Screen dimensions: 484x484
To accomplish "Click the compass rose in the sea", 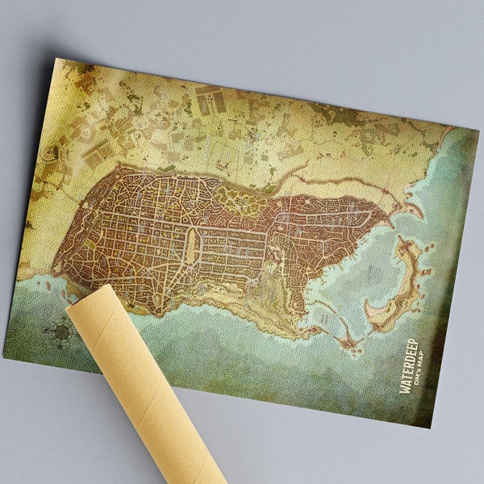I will click(x=61, y=332).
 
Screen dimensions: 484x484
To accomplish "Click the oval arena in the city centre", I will click(x=192, y=246).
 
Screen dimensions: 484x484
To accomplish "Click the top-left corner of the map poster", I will click(x=55, y=58).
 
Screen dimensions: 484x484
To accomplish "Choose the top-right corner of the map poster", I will click(x=478, y=128).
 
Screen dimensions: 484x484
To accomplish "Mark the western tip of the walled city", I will click(x=54, y=266).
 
